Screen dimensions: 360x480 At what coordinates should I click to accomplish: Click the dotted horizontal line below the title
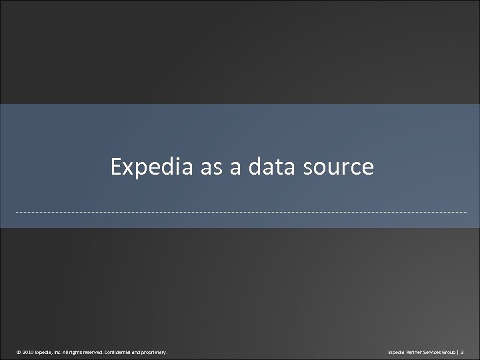coord(240,212)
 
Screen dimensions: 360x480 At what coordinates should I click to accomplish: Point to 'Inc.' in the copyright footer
coord(64,349)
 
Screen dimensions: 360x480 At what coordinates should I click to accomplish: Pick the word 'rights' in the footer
coord(83,349)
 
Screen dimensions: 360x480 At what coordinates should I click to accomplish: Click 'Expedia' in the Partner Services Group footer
coord(387,349)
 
